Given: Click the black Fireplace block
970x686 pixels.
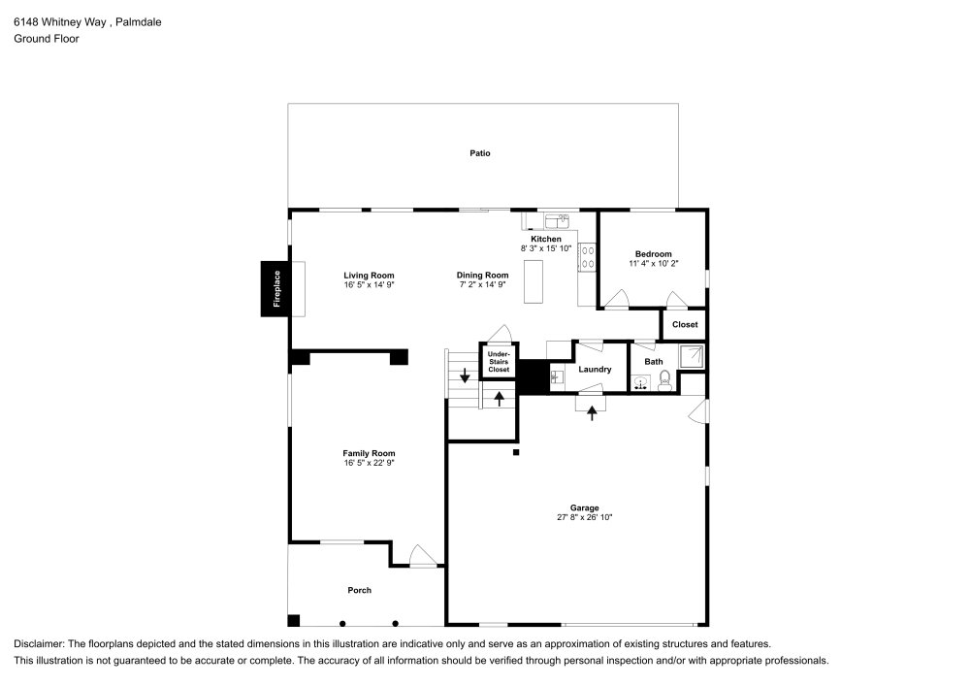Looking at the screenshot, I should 275,289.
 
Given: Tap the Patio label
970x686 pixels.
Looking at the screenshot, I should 479,153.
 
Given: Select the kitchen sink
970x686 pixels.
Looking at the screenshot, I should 556,220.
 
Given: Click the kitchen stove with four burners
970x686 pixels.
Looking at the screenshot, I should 587,256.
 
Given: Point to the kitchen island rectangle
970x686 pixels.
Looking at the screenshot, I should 533,282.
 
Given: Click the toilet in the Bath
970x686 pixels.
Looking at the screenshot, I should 665,381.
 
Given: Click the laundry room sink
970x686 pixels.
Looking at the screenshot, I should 557,376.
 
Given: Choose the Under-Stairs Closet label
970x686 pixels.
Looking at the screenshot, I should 499,362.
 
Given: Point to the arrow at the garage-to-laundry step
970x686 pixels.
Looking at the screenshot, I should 592,412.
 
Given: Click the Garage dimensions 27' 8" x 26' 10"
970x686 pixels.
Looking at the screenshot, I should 584,518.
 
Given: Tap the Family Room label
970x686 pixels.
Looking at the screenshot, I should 369,453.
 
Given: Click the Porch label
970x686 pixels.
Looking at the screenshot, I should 359,590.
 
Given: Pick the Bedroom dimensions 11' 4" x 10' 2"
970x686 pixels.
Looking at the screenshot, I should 653,263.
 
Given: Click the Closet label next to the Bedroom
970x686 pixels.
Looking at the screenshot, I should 684,324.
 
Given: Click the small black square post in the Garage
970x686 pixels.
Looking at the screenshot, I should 516,452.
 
